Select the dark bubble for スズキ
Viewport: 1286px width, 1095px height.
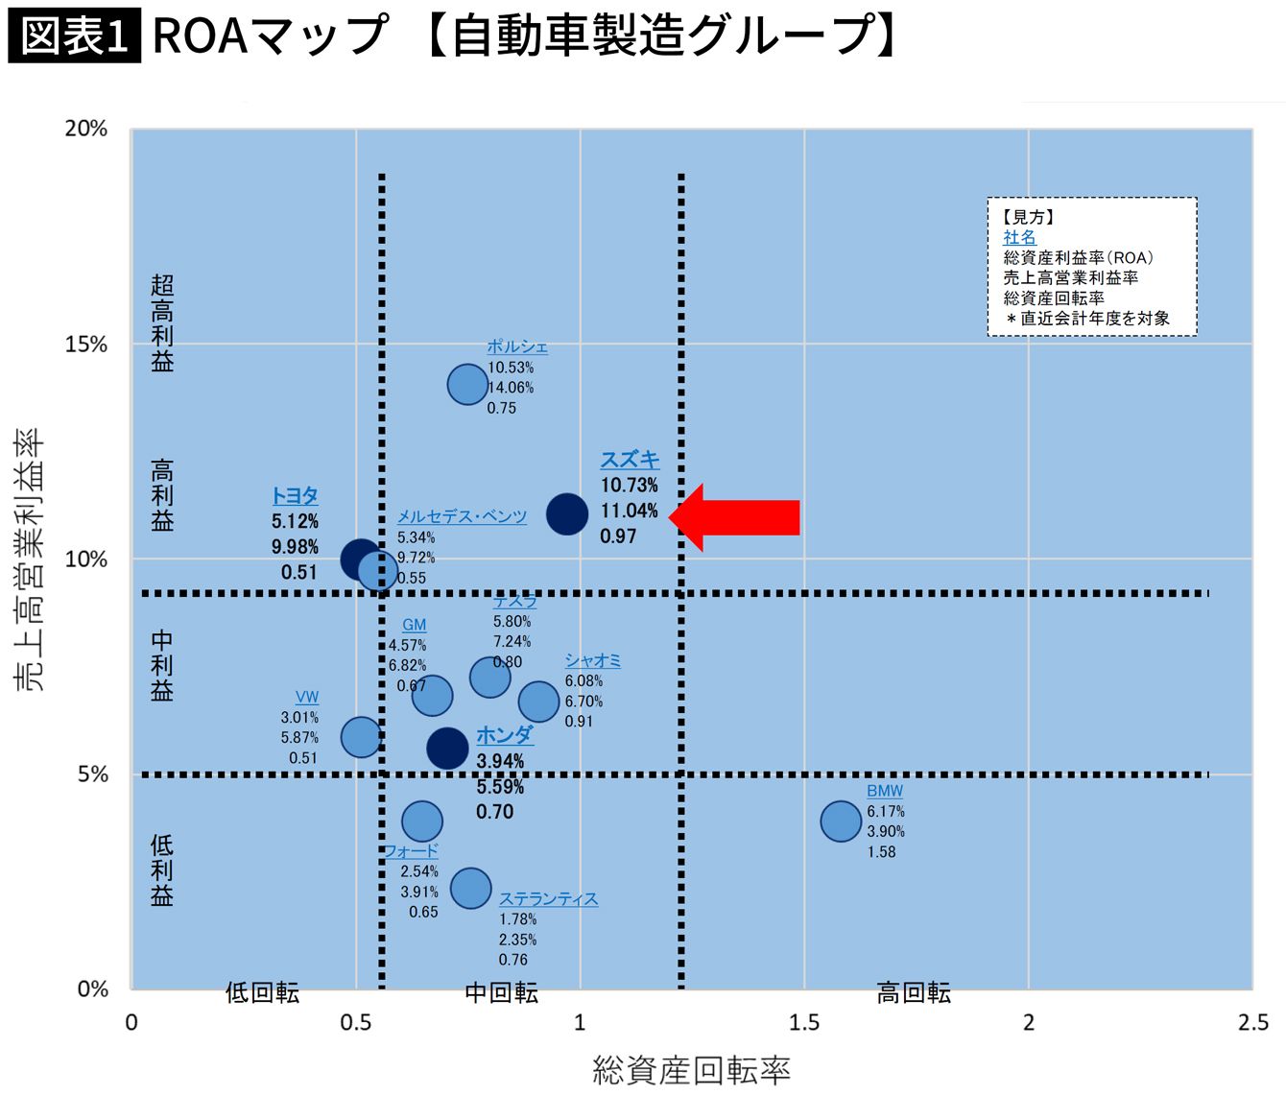(567, 514)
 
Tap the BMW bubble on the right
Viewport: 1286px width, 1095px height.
(841, 821)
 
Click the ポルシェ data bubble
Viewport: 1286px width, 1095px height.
(467, 385)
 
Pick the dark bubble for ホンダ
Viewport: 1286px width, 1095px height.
(447, 748)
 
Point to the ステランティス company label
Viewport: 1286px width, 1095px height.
(548, 899)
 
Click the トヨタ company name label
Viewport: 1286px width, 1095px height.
(295, 496)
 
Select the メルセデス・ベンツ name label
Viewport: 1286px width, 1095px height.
(462, 517)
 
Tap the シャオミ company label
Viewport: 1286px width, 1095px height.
(592, 660)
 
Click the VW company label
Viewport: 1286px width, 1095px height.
(307, 698)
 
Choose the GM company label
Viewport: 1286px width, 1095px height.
(414, 625)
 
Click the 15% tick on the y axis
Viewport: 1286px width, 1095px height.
(86, 345)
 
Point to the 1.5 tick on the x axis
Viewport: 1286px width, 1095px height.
(804, 1022)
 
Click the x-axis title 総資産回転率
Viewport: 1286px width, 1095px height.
(691, 1069)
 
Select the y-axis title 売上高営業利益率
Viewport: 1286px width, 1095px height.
(29, 559)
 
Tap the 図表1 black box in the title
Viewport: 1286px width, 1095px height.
(75, 36)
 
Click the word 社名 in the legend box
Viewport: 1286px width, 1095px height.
(1019, 237)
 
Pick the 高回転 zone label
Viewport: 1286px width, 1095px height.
(914, 993)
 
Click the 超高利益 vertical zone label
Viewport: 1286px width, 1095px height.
(162, 323)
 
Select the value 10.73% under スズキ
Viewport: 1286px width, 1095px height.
(629, 486)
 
